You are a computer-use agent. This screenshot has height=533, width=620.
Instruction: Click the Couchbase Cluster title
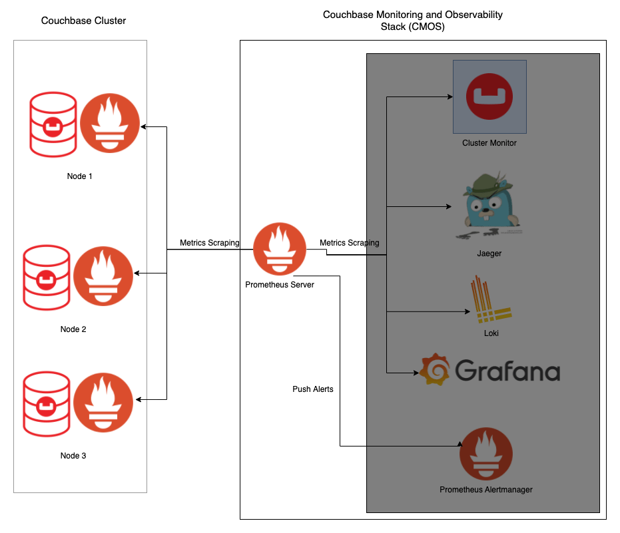pos(83,21)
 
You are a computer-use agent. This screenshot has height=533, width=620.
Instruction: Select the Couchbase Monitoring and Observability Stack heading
pos(412,21)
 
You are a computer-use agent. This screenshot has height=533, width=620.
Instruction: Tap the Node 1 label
pos(80,176)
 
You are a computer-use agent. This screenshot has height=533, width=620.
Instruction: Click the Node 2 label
pos(73,329)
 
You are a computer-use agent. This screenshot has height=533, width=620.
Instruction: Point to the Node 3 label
pos(73,456)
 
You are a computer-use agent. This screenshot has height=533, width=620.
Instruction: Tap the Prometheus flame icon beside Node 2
pos(103,275)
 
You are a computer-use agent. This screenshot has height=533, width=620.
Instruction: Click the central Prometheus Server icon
pos(279,250)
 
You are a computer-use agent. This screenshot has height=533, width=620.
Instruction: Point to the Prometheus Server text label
pos(279,285)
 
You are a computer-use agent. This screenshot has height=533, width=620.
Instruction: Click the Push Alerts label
pos(313,389)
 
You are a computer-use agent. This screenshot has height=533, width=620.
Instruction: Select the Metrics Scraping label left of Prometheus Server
pos(209,243)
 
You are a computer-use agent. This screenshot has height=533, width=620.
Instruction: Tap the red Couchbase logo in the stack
pos(489,96)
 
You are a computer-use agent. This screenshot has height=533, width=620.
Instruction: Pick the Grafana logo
pos(489,370)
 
